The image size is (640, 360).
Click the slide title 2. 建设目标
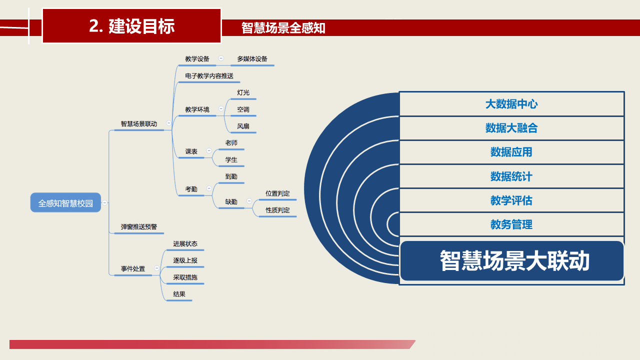click(x=131, y=26)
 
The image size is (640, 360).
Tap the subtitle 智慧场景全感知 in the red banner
click(x=283, y=28)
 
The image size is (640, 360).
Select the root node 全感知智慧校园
click(x=65, y=202)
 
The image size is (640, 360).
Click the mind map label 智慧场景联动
click(x=139, y=123)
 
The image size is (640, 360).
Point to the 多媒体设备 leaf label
click(x=252, y=59)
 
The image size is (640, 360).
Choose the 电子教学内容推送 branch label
click(x=209, y=75)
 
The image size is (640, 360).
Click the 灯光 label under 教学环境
click(x=243, y=92)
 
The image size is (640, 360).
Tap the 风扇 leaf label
click(x=243, y=126)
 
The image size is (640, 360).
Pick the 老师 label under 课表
click(x=231, y=143)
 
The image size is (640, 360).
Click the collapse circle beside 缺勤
click(x=249, y=201)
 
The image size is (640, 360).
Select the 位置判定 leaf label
click(x=277, y=193)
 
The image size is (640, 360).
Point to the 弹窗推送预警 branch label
click(x=139, y=227)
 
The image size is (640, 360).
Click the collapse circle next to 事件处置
click(x=156, y=268)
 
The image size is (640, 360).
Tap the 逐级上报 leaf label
click(x=185, y=260)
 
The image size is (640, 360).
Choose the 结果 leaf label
click(x=179, y=294)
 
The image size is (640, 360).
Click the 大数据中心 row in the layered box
click(x=511, y=104)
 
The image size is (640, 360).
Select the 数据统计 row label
click(x=511, y=176)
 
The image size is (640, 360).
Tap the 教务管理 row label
click(x=511, y=224)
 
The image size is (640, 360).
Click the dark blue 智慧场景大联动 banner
click(x=512, y=260)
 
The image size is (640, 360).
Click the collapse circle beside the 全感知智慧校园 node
click(x=105, y=202)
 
